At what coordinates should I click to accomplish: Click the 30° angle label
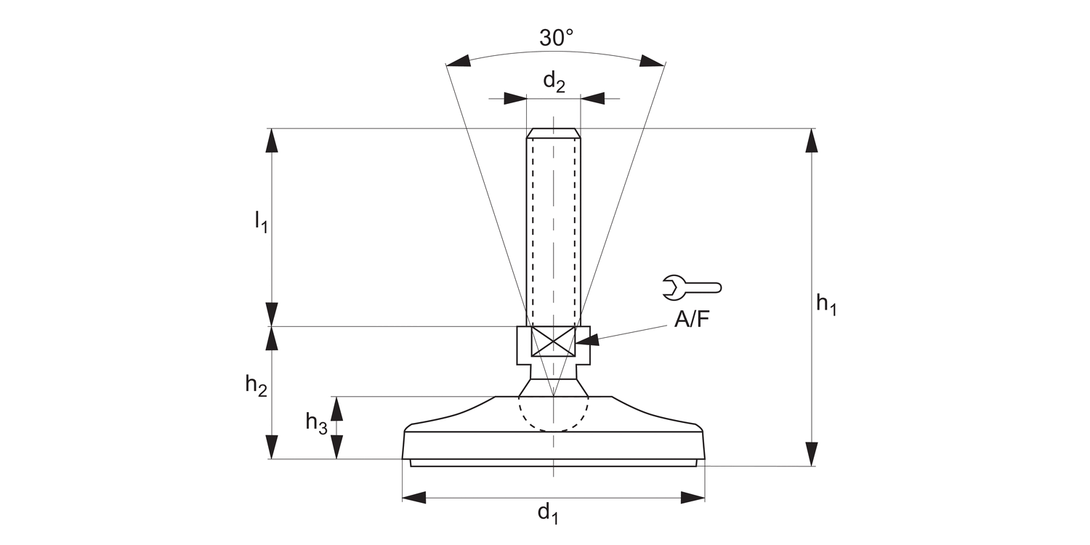(556, 38)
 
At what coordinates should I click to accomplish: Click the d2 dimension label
(554, 82)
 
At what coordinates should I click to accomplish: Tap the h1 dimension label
(826, 304)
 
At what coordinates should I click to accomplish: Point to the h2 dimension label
(256, 386)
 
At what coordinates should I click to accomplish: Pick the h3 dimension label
(316, 422)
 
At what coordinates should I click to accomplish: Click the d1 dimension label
(548, 514)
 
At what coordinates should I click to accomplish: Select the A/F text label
(691, 320)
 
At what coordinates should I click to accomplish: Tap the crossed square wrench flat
(554, 342)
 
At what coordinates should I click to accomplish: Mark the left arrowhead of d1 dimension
(413, 498)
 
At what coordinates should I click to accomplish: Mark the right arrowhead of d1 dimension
(693, 498)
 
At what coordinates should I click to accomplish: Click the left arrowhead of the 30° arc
(459, 62)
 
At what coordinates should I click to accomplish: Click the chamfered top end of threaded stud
(554, 133)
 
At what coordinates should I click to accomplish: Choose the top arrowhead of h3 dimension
(336, 408)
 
